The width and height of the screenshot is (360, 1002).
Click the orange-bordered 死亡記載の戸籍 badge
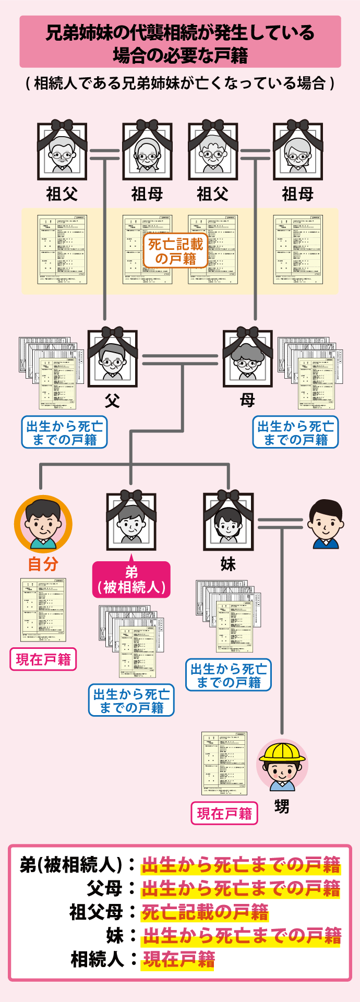pyautogui.click(x=175, y=251)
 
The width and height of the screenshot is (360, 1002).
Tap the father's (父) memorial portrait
pyautogui.click(x=112, y=359)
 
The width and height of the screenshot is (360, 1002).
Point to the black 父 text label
pyautogui.click(x=112, y=401)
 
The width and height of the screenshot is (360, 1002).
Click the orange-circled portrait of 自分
pyautogui.click(x=43, y=524)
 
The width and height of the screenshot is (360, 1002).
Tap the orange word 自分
pyautogui.click(x=43, y=564)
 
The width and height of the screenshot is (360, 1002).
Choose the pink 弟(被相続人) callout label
pyautogui.click(x=131, y=580)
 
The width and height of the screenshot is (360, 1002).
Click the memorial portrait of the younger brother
pyautogui.click(x=131, y=522)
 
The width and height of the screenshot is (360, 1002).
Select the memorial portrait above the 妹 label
pyautogui.click(x=228, y=522)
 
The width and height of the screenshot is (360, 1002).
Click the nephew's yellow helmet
pyautogui.click(x=282, y=752)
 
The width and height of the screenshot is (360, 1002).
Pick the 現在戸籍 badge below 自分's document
pyautogui.click(x=43, y=659)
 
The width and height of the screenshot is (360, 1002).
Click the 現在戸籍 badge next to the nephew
pyautogui.click(x=224, y=813)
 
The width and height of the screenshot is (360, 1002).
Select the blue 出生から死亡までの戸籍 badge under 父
pyautogui.click(x=64, y=432)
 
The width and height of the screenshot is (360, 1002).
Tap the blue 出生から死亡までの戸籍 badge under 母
pyautogui.click(x=295, y=432)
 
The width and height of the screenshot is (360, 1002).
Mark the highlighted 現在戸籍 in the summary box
pyautogui.click(x=179, y=959)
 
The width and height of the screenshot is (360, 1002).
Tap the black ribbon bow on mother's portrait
pyautogui.click(x=247, y=332)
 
